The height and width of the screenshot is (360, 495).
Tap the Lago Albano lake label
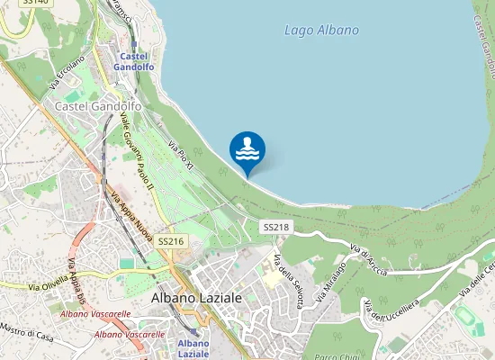coord(321,30)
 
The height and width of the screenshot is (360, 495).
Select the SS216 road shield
coord(170,241)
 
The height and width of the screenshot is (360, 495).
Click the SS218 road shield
coord(276,228)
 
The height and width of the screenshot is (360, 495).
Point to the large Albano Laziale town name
coord(196,297)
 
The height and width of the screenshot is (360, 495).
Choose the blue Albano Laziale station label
coord(193,348)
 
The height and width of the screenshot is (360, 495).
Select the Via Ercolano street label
coord(67,72)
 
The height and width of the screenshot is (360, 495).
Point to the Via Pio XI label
coord(181,157)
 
